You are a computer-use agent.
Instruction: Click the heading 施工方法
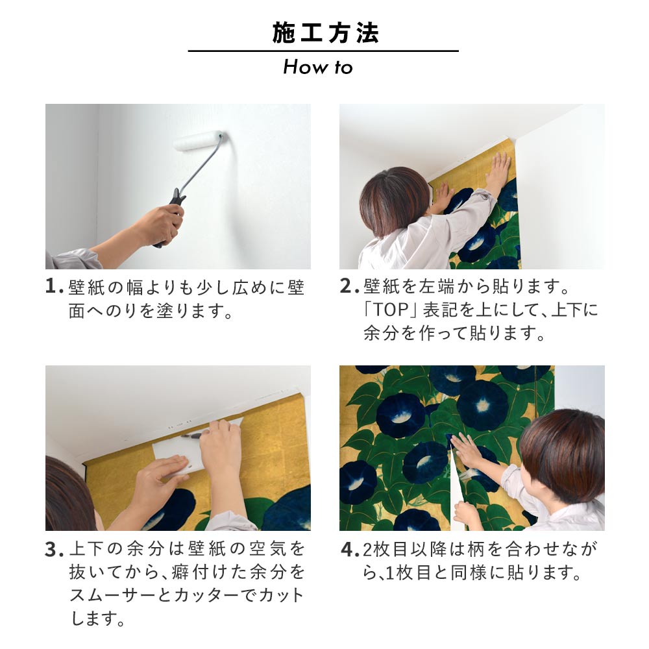point(324,33)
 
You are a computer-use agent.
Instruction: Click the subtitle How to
point(317,67)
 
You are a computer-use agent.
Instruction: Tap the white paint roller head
point(198,140)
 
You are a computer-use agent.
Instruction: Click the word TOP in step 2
point(391,310)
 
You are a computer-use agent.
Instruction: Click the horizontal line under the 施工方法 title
point(323,51)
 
